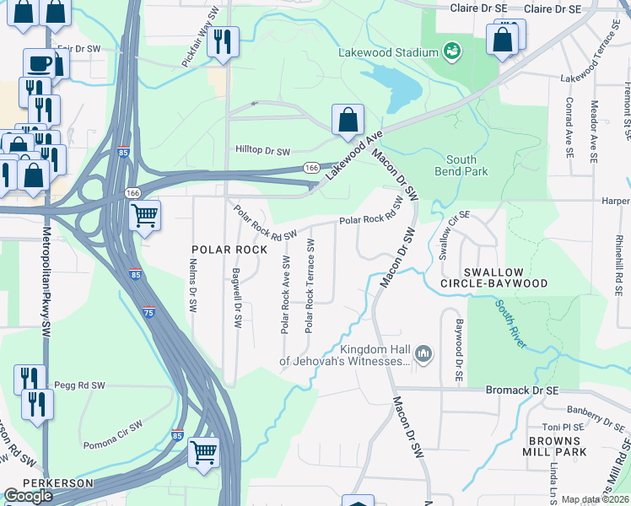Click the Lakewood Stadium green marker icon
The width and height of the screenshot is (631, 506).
(x=453, y=51)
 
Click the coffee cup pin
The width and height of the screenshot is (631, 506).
(x=39, y=64)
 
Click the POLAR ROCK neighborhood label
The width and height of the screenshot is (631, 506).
(x=229, y=250)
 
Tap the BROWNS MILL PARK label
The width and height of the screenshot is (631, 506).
(x=557, y=447)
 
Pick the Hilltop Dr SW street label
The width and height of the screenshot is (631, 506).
(x=262, y=152)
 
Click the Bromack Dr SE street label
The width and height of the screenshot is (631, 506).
(x=523, y=390)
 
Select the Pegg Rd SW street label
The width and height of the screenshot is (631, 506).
(x=78, y=385)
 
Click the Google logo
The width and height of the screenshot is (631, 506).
(x=29, y=496)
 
